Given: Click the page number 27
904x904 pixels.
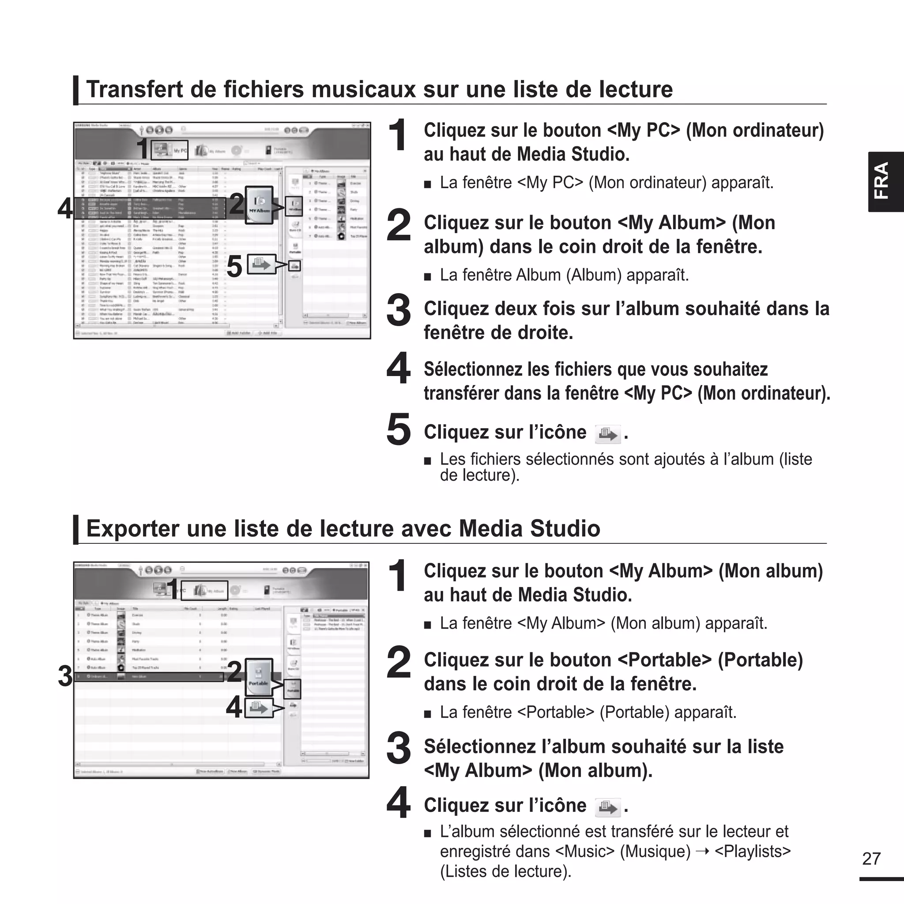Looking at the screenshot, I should [871, 859].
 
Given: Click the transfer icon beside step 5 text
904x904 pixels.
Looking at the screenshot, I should [607, 434].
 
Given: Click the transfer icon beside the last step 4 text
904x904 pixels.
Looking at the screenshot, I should [607, 807].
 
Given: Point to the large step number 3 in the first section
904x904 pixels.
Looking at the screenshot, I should [398, 310].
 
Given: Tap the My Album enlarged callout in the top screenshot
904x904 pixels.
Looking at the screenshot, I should [259, 204].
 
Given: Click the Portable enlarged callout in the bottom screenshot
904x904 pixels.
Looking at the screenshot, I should [258, 677].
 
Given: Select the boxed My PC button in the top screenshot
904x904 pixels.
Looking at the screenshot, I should [170, 150].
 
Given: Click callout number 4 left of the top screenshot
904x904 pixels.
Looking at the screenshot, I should [64, 208].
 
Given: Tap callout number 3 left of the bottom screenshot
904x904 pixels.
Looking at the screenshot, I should [64, 676].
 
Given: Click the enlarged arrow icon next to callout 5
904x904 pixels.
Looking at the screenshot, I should [261, 264].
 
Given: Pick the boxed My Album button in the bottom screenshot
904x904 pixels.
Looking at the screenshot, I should [211, 591].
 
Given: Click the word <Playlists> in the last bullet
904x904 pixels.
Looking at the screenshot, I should [753, 851].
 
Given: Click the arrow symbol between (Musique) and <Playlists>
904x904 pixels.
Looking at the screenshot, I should [703, 851].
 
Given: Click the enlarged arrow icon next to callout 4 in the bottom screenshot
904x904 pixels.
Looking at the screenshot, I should [259, 708].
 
